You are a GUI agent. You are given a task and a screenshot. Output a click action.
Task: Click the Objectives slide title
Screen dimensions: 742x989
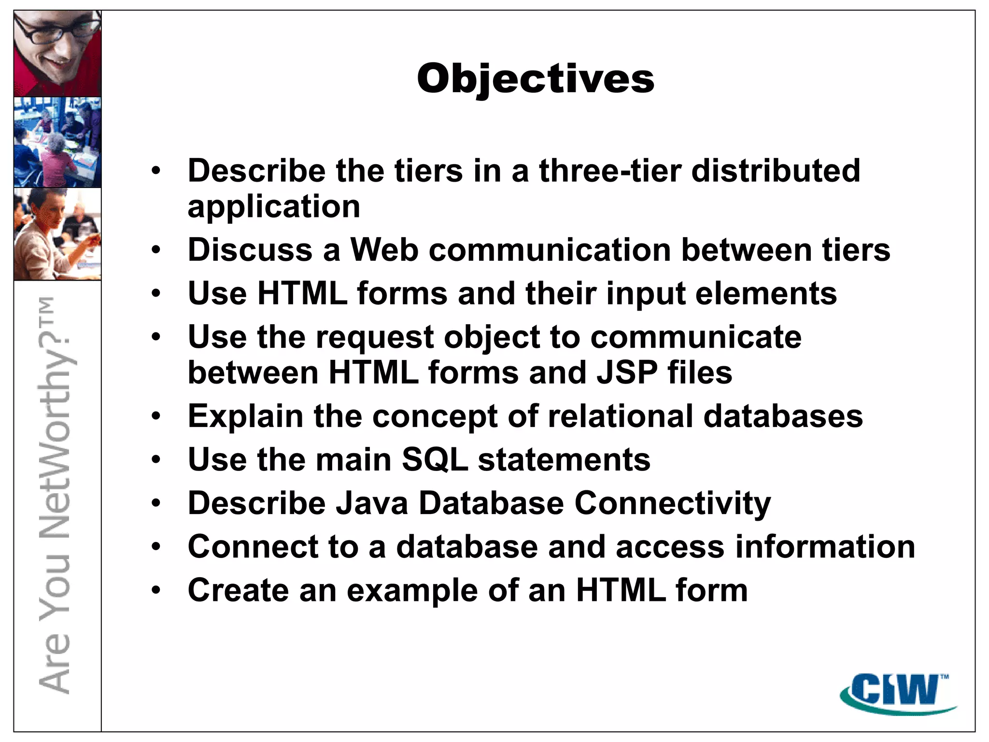point(535,79)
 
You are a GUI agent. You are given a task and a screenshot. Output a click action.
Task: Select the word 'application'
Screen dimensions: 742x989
point(274,207)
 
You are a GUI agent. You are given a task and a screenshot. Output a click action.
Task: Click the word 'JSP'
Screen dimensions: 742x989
point(627,373)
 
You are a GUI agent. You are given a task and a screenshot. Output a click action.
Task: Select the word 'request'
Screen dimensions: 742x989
point(375,338)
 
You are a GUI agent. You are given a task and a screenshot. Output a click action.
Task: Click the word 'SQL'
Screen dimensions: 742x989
point(435,460)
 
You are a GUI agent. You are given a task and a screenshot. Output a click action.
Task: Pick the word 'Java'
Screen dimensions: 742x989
point(372,503)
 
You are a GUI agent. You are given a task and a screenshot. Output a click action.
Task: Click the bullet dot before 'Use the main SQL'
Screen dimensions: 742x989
point(155,460)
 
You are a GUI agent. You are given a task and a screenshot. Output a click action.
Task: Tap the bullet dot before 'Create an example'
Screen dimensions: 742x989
point(155,590)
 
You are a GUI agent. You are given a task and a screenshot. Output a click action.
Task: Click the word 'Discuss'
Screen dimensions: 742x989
point(250,250)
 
